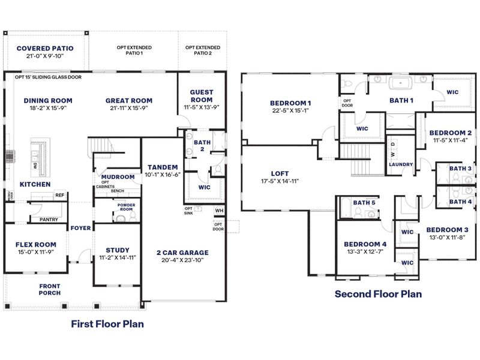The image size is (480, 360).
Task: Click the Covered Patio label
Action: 45,48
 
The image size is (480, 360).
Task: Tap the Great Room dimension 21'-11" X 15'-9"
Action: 129,109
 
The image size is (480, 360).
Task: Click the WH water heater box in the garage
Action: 218,211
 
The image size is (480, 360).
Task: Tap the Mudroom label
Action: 118,177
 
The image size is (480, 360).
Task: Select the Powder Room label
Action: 125,208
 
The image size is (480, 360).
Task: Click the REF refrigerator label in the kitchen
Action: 59,195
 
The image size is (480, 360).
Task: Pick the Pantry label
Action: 49,220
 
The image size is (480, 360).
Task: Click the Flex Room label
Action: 36,244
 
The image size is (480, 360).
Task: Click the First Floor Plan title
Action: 107,324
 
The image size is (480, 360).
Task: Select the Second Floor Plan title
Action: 378,294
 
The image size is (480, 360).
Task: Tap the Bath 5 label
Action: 364,203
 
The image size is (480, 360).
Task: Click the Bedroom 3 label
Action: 448,230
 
